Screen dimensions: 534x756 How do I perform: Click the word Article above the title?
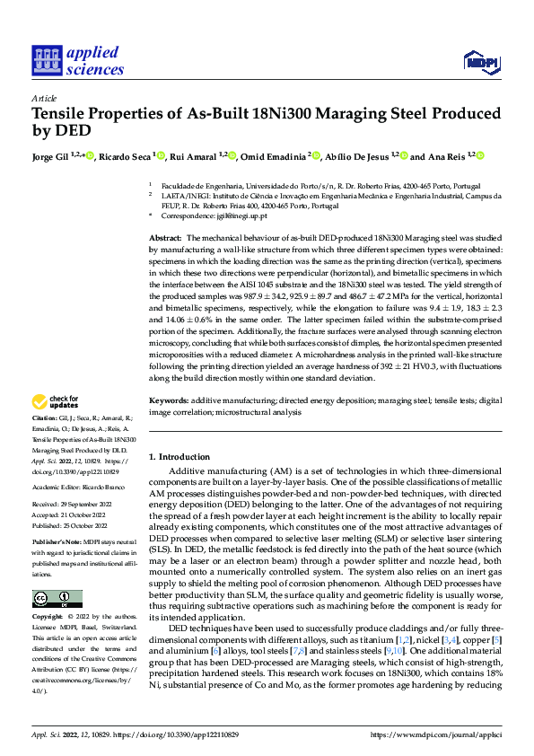43,98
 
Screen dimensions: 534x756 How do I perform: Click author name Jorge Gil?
50,156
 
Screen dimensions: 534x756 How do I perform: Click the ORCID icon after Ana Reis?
480,156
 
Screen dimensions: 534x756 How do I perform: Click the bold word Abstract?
164,235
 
